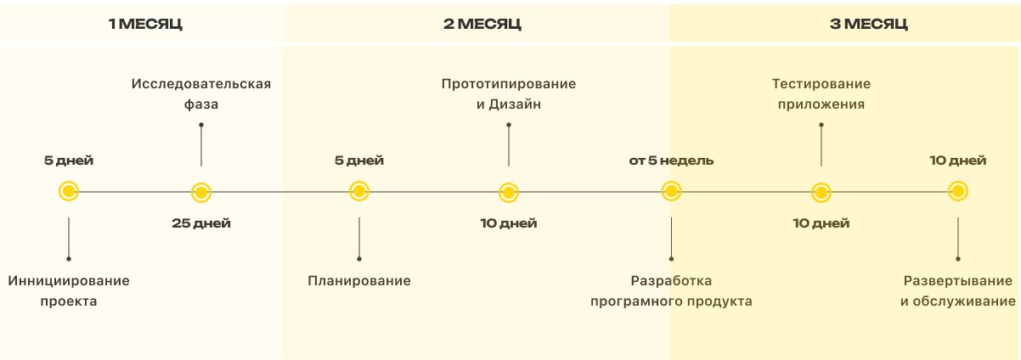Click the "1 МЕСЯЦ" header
(x=145, y=24)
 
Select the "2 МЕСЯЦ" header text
(x=482, y=24)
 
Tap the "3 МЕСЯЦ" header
(x=868, y=24)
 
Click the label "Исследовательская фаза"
(x=201, y=94)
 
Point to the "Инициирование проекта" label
(x=69, y=290)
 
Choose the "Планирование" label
(x=359, y=280)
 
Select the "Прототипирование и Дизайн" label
(x=509, y=94)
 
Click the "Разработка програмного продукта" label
(x=671, y=290)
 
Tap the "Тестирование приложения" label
(x=821, y=94)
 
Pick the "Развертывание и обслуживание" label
(x=958, y=290)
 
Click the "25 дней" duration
(x=201, y=223)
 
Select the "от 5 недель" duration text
(x=671, y=160)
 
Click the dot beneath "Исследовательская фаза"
(x=201, y=125)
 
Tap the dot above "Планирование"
(x=359, y=258)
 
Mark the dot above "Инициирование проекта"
(x=69, y=258)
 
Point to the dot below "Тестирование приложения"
(x=821, y=125)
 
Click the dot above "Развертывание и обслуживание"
(x=958, y=258)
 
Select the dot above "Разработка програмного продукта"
(x=671, y=258)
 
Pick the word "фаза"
(x=201, y=104)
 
